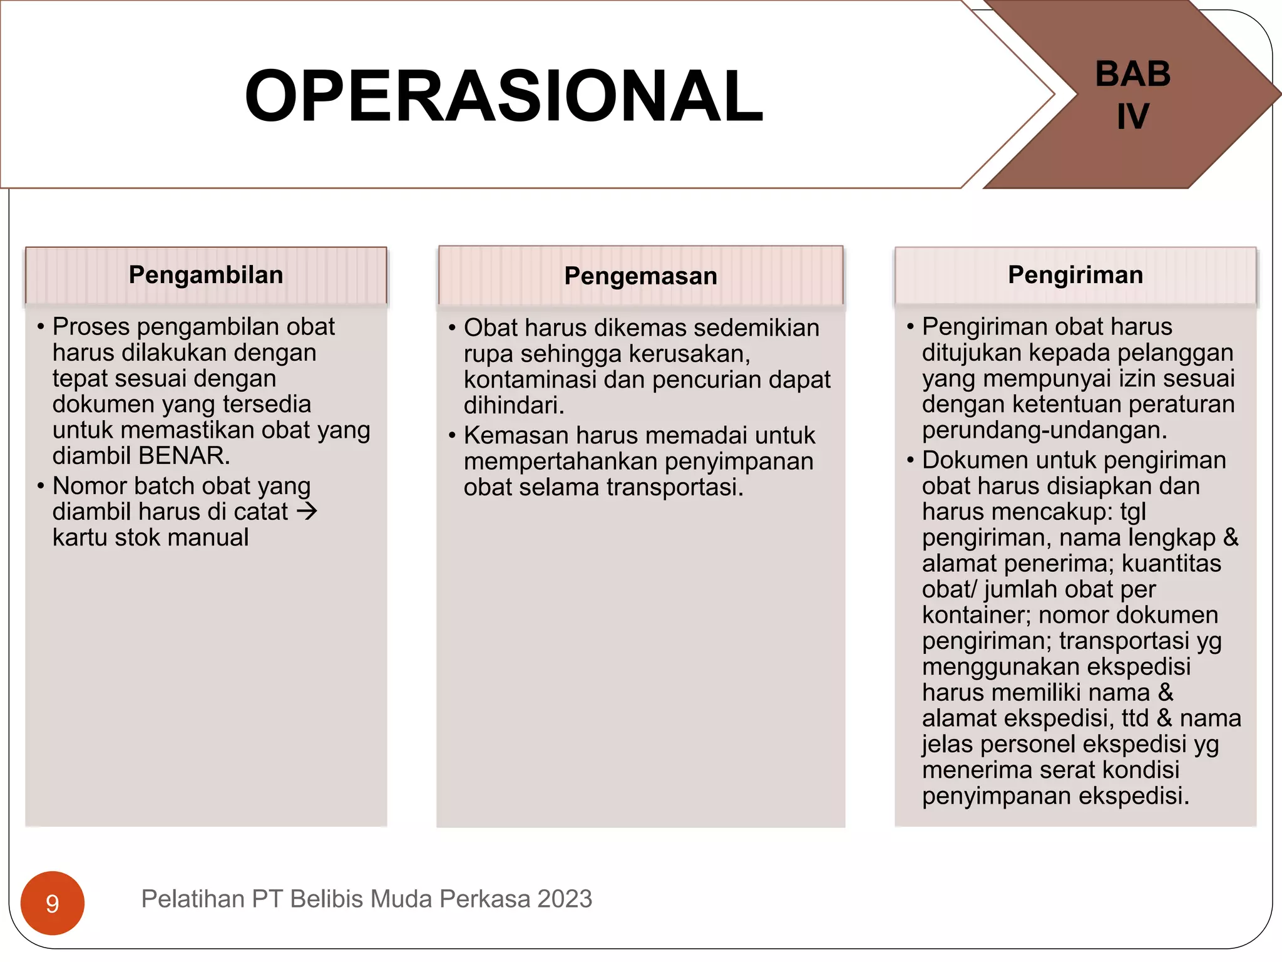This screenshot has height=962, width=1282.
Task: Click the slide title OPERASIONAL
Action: tap(504, 96)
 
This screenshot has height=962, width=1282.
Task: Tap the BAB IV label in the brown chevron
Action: tap(1132, 95)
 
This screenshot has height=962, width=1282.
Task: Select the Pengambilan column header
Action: tap(206, 275)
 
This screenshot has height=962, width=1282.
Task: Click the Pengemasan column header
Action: tap(640, 276)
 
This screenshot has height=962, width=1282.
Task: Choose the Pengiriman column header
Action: tap(1075, 275)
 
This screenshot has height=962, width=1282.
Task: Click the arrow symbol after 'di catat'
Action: tap(307, 512)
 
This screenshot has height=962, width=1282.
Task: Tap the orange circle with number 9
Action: tap(53, 903)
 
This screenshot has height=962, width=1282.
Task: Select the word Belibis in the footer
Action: tap(329, 899)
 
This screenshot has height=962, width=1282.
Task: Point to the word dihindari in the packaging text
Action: tap(513, 406)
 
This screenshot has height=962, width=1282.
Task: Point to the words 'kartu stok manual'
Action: tap(150, 538)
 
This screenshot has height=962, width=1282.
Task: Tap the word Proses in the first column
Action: tap(91, 327)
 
